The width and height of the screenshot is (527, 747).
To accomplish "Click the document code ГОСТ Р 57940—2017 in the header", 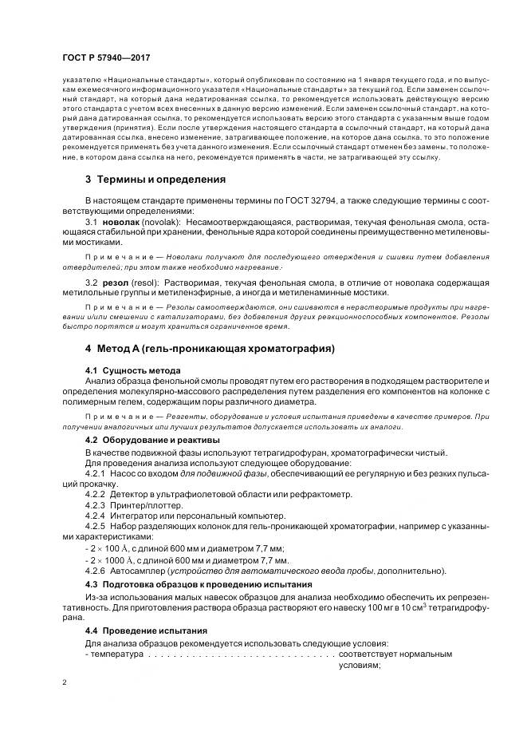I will pyautogui.click(x=105, y=59).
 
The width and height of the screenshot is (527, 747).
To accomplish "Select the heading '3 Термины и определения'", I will pyautogui.click(x=155, y=180).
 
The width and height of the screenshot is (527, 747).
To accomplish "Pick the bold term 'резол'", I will pyautogui.click(x=116, y=283).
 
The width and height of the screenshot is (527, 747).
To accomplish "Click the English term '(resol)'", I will pyautogui.click(x=147, y=283).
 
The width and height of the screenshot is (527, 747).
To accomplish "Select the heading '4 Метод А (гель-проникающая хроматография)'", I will pyautogui.click(x=210, y=349).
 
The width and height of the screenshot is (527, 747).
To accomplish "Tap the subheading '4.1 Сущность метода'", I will pyautogui.click(x=132, y=370).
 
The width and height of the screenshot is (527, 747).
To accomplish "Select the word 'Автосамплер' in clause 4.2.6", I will pyautogui.click(x=146, y=570).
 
